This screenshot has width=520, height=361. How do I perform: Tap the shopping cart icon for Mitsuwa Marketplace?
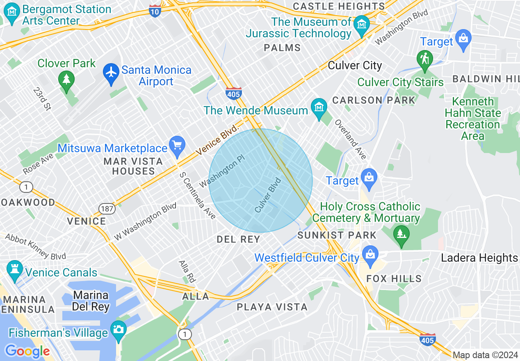pyautogui.click(x=177, y=146)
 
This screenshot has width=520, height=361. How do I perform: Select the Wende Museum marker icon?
pyautogui.click(x=319, y=107)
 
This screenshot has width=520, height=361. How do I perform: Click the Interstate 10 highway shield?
pyautogui.click(x=155, y=11)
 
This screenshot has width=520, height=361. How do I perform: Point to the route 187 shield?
pyautogui.click(x=106, y=209)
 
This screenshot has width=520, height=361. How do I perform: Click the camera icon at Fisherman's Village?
pyautogui.click(x=119, y=329)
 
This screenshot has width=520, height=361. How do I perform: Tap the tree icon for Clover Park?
pyautogui.click(x=66, y=79)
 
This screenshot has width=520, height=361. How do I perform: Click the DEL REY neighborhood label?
pyautogui.click(x=238, y=239)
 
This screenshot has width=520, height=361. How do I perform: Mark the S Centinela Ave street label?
pyautogui.click(x=198, y=195)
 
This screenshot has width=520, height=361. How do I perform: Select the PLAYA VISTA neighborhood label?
pyautogui.click(x=272, y=307)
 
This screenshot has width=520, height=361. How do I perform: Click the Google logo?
pyautogui.click(x=27, y=351)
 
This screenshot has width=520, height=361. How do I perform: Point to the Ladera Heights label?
pyautogui.click(x=479, y=258)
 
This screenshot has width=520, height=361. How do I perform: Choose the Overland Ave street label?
pyautogui.click(x=350, y=140)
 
